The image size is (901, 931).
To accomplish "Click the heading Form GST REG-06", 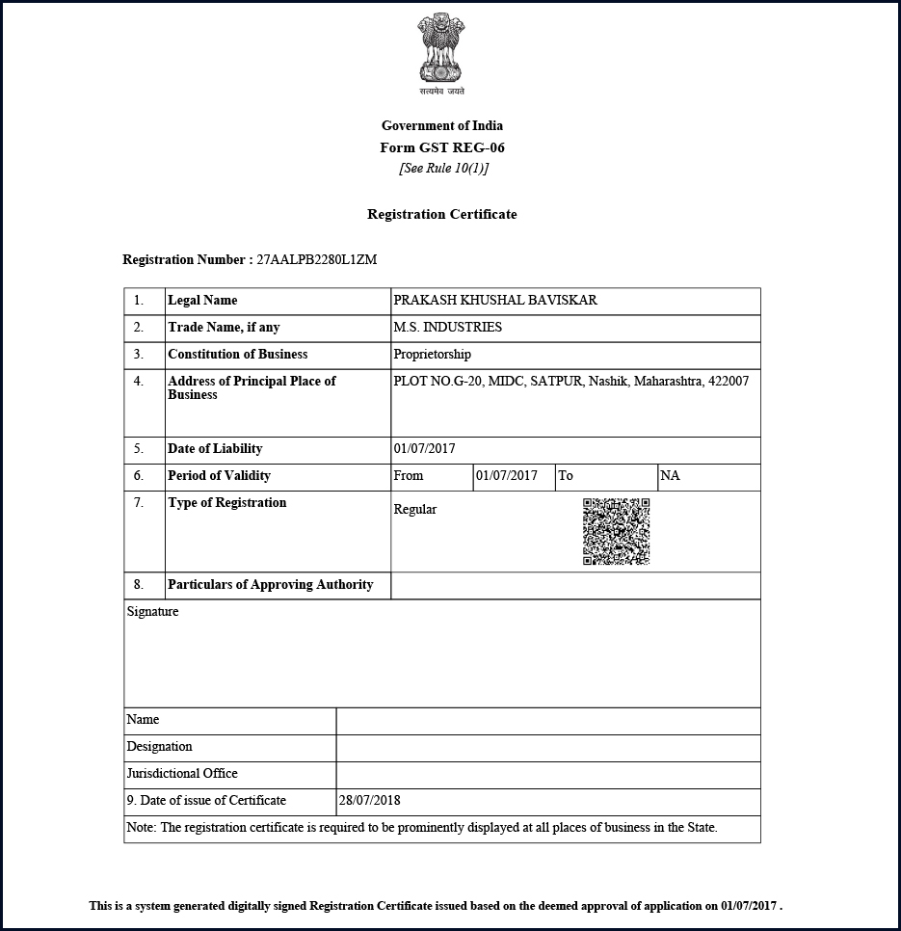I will coord(442,147).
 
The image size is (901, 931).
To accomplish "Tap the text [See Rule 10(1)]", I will coord(443,168).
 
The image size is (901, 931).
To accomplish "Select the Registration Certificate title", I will coord(442,214).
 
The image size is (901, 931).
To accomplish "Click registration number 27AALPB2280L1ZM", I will coord(316,260).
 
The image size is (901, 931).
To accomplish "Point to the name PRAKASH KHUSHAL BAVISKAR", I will coord(495,301).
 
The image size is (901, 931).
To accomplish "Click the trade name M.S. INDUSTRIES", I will coord(447,328).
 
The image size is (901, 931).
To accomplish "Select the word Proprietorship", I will coord(432,355).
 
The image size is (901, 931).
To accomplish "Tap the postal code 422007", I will coord(728,382).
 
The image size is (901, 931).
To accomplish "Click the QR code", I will coord(616,531).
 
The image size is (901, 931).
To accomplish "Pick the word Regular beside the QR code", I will coord(415,510).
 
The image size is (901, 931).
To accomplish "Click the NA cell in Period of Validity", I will coord(670,476).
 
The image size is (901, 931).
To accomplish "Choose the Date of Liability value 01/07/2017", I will coord(424,449).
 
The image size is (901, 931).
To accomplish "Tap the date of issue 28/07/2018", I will coord(369,801).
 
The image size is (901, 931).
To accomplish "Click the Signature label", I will coord(152,612).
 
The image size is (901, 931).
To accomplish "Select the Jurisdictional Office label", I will coord(182,774).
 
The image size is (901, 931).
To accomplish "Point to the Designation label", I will coord(159,747).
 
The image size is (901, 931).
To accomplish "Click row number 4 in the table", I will coord(139,382).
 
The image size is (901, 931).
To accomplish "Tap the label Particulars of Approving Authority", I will coord(270,585).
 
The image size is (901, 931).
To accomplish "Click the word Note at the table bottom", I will coord(141,828).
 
